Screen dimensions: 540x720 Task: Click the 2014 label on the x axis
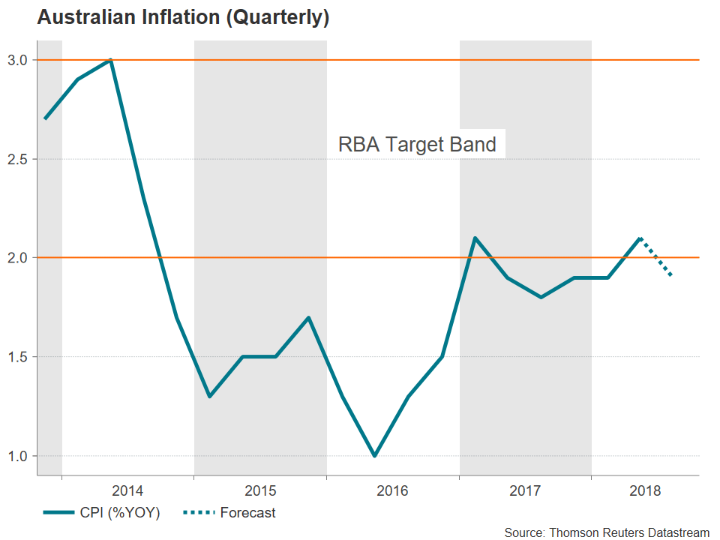(x=127, y=491)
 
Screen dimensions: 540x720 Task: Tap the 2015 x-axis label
(x=260, y=491)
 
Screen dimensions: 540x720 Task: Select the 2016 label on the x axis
(x=392, y=491)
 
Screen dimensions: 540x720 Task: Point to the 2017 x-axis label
(x=525, y=491)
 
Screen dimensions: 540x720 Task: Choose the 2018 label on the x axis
(x=645, y=491)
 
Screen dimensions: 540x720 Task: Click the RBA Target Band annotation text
(x=417, y=144)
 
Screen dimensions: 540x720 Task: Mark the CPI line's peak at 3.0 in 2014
(x=111, y=60)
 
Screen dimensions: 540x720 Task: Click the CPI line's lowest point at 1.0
(x=375, y=455)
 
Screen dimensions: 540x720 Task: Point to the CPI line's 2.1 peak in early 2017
(x=475, y=238)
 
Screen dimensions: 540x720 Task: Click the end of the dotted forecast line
(x=671, y=277)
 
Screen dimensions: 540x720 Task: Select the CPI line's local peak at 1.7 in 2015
(x=309, y=317)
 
